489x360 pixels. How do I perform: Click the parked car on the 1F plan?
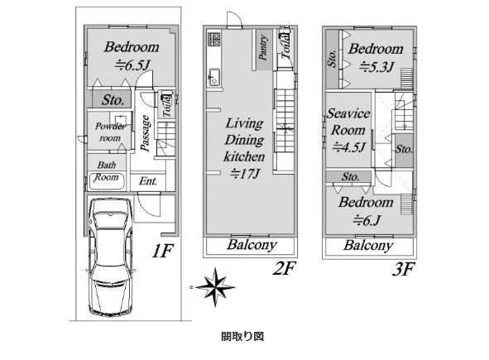(111, 257)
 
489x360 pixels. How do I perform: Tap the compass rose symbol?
(215, 287)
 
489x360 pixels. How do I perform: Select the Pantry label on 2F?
(264, 48)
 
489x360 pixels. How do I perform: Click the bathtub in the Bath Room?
(107, 181)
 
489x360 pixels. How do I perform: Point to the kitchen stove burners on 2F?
(214, 40)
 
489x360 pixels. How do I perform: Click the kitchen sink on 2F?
(214, 77)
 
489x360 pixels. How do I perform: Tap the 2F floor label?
(284, 268)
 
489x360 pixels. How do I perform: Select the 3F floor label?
(404, 269)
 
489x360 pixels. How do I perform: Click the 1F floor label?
(162, 251)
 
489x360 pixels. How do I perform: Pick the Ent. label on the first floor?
(148, 181)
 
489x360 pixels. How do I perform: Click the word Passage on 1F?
(146, 133)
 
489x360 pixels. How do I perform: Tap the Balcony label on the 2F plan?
(252, 245)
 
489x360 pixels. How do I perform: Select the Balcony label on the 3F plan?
(368, 246)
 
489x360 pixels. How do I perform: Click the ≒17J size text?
(245, 174)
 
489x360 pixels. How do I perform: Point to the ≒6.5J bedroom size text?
(133, 65)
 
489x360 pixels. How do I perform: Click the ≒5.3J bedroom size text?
(377, 67)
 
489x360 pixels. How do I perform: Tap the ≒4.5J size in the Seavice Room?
(348, 147)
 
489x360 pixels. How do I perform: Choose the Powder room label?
(110, 132)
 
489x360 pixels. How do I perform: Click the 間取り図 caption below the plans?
(242, 336)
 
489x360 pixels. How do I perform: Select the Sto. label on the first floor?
(113, 100)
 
